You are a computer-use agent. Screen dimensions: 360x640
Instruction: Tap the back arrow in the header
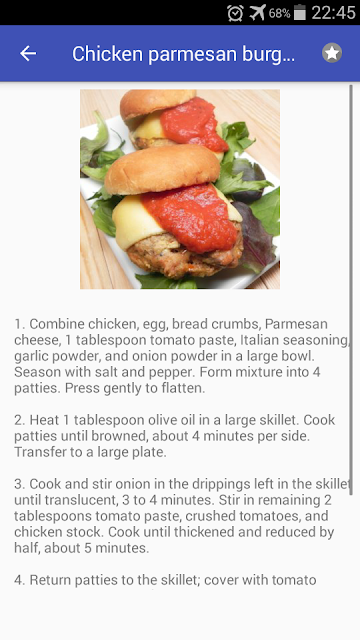coord(28,53)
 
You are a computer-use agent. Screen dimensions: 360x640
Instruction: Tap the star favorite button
coord(332,53)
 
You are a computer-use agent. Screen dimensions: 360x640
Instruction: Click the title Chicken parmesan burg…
coord(183,53)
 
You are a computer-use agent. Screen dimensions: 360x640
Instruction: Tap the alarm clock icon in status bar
coord(236,13)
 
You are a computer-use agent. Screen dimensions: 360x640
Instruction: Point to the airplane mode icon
coord(258,13)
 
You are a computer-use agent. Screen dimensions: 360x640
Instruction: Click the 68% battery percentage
coord(279,13)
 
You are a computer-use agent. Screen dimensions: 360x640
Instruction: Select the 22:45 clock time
coord(333,13)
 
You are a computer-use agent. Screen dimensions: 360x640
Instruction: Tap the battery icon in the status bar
coord(300,12)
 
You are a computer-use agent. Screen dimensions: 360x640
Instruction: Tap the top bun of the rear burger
coord(157,103)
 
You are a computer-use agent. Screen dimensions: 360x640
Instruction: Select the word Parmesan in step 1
coord(296,324)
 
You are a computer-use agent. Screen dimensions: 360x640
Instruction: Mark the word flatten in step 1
coord(182,388)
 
